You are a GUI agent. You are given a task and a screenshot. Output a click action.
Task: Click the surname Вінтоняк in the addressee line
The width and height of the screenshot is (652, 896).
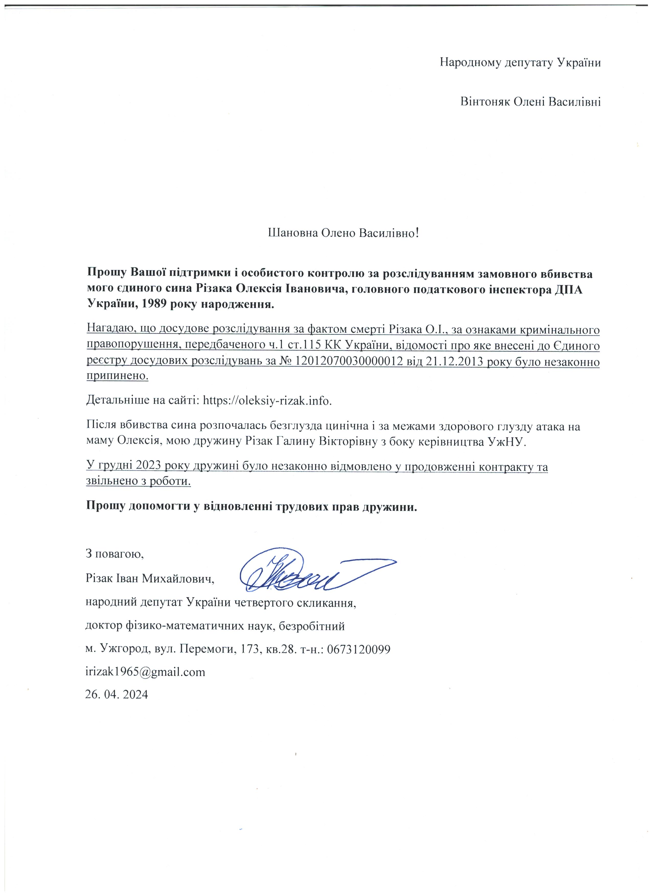pyautogui.click(x=485, y=102)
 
